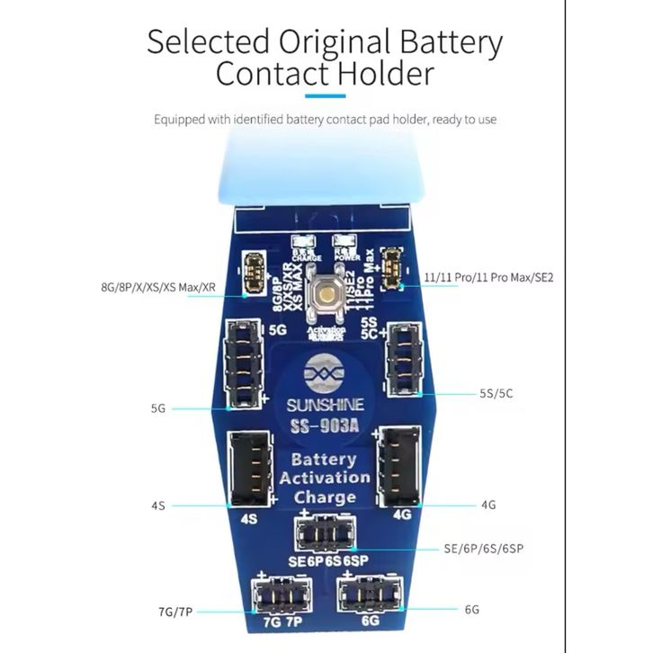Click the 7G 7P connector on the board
click(x=278, y=595)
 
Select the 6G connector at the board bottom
click(x=367, y=595)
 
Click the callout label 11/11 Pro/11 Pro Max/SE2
click(x=488, y=278)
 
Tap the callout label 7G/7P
click(x=174, y=613)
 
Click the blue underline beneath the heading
click(x=326, y=94)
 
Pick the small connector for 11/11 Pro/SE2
click(x=391, y=267)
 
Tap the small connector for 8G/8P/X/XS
click(x=255, y=269)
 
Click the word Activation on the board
click(x=325, y=478)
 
